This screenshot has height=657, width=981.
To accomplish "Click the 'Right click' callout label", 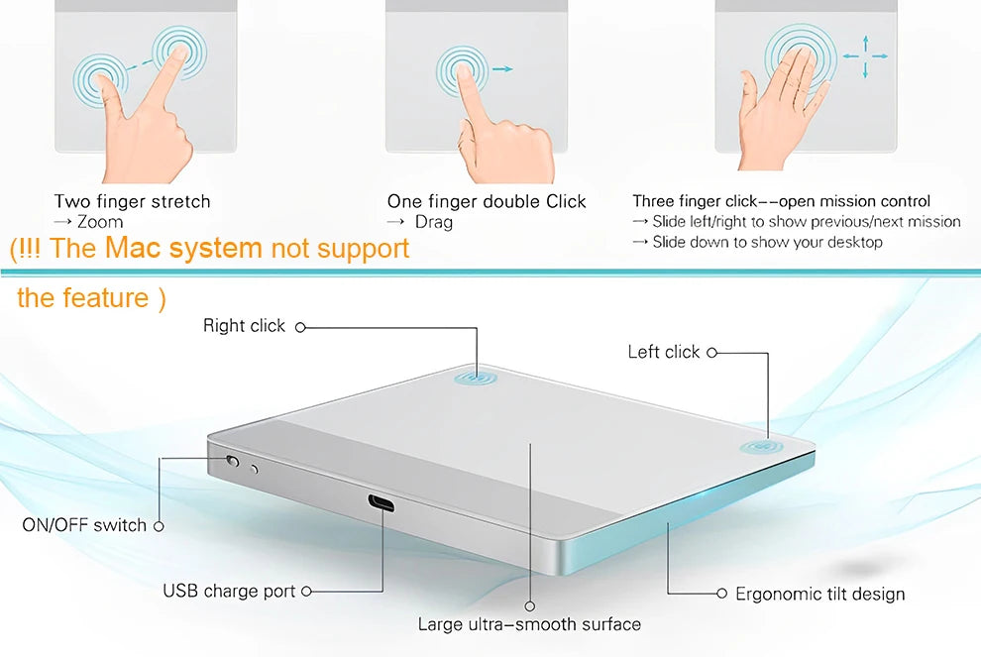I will [244, 326].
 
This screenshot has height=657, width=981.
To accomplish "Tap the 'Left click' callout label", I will [664, 352].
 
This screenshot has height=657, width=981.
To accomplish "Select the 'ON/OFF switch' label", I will [84, 525].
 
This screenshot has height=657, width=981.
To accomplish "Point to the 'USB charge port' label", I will [229, 592].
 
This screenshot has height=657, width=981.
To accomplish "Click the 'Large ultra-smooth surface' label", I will [529, 624].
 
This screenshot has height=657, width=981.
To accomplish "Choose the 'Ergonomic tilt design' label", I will [819, 595].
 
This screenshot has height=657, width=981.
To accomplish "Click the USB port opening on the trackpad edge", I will [381, 502].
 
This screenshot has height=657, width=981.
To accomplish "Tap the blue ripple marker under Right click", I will [477, 378].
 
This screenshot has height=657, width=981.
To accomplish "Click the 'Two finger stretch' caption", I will [133, 202].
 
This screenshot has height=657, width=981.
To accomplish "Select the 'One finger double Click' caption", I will [487, 202].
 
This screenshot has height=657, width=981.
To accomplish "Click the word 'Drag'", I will [434, 222].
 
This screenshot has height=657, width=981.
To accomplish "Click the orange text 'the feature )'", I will [91, 297].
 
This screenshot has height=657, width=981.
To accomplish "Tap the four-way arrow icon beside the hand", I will [865, 57].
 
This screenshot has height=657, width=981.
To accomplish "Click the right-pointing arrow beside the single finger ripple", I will [502, 69].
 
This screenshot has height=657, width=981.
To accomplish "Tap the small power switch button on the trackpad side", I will [234, 461].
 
